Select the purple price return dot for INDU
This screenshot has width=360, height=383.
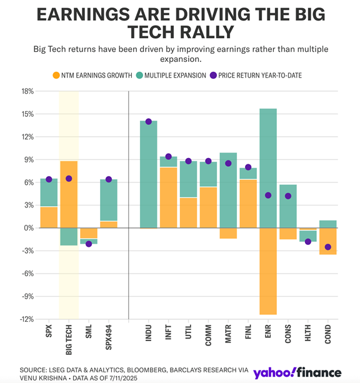tap(149, 121)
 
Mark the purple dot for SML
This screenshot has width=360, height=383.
tap(89, 244)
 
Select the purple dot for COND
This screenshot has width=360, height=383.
tap(328, 247)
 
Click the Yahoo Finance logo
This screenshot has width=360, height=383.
tap(297, 373)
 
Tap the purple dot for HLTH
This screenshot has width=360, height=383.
tap(308, 242)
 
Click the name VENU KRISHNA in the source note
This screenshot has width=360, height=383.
tap(40, 377)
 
